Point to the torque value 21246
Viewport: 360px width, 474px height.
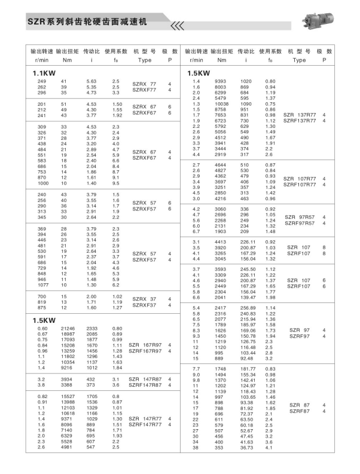click(68, 329)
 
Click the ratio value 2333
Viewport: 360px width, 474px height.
click(92, 329)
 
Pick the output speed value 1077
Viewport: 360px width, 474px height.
click(42, 285)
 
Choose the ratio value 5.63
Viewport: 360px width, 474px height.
click(91, 81)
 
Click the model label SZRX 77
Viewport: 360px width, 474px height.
click(144, 84)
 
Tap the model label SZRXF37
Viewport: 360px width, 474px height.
click(144, 305)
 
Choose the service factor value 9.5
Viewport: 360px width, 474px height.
click(116, 183)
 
